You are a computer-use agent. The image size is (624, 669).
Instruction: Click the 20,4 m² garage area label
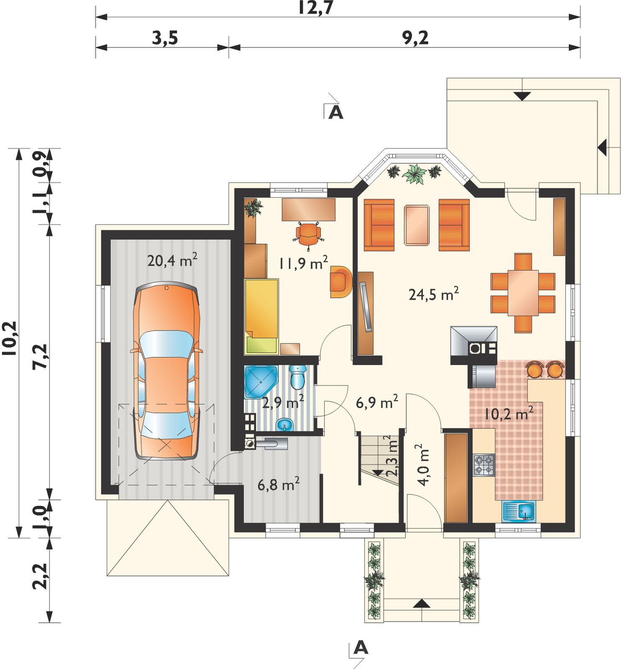tap(172, 260)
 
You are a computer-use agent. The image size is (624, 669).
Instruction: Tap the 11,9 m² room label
tap(303, 263)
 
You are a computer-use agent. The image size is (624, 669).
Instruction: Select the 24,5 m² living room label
tap(434, 294)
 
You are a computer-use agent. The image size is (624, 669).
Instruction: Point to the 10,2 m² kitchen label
tap(509, 413)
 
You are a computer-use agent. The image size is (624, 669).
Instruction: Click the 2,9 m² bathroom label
tap(283, 402)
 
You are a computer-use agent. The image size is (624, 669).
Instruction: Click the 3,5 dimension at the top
tap(165, 38)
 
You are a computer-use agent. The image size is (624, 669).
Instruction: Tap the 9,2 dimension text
tap(415, 38)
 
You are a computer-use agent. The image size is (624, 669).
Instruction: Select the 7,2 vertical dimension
tap(41, 356)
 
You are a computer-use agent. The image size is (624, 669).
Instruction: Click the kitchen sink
tap(518, 511)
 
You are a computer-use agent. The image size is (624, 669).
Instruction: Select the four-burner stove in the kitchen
tap(484, 465)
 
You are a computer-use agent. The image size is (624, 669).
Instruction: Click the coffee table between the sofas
tap(417, 225)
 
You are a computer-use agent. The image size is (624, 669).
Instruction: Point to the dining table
tap(523, 293)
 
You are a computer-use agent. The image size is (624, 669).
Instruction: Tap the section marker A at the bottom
tap(361, 648)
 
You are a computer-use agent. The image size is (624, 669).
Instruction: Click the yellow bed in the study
tap(261, 317)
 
